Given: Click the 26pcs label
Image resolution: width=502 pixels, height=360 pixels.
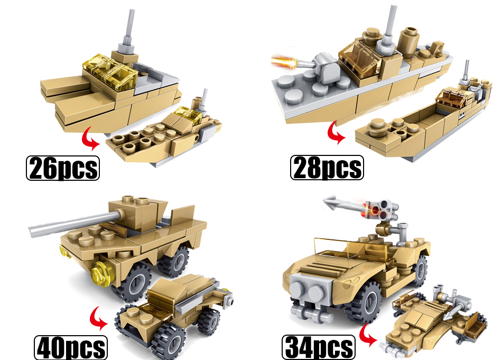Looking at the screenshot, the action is click(x=63, y=168).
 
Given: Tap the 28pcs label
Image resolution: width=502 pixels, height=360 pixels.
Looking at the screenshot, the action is click(x=327, y=168).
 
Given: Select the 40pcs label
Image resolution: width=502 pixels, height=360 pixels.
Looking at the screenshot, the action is click(x=71, y=347).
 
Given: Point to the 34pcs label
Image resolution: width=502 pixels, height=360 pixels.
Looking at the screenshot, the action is click(x=319, y=347).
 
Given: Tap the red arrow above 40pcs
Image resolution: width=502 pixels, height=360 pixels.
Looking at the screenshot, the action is click(x=98, y=318).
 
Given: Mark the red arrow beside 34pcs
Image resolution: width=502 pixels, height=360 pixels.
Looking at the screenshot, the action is click(x=368, y=335).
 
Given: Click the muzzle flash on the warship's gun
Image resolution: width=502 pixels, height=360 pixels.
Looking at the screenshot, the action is click(x=285, y=61).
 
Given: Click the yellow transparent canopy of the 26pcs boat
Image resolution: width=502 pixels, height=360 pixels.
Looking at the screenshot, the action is click(x=111, y=70).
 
